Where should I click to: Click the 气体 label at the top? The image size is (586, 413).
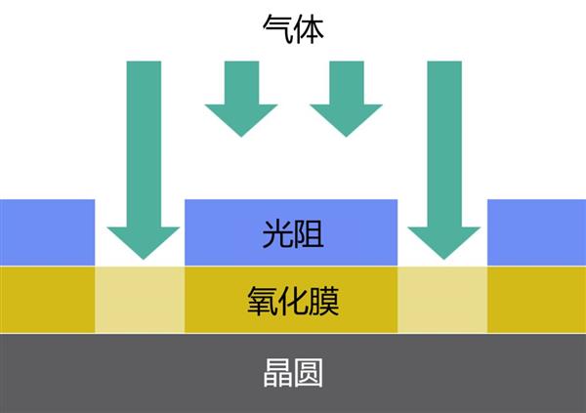tap(293, 26)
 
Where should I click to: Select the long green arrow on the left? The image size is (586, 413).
tap(144, 156)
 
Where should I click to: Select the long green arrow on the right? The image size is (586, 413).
tap(444, 156)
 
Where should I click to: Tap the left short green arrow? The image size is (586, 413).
tap(241, 98)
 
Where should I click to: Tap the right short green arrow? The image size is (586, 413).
tap(346, 98)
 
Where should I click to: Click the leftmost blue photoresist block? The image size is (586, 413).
tap(47, 232)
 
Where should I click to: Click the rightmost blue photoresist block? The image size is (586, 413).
tap(536, 232)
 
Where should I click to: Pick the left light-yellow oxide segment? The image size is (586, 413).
tap(140, 299)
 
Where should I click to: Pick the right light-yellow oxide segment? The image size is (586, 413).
tap(442, 299)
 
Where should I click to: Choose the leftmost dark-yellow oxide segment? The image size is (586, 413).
tap(47, 299)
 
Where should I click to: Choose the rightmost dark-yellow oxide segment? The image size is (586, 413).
tap(536, 299)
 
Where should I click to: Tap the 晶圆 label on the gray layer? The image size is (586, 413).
tap(293, 372)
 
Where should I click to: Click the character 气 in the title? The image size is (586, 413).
tap(277, 26)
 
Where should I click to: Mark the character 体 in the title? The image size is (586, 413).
tap(309, 26)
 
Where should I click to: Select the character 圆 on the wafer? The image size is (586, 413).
tap(309, 372)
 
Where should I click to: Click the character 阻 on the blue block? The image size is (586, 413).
tap(309, 234)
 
